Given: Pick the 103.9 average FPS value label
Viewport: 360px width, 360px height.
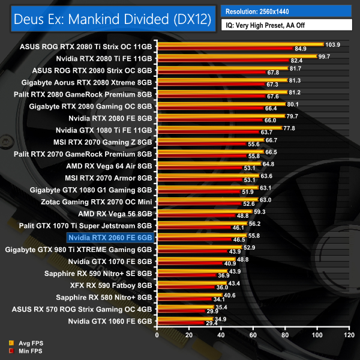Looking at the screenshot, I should [x=332, y=44].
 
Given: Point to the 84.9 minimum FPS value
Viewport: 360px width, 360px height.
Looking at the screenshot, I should [x=301, y=49].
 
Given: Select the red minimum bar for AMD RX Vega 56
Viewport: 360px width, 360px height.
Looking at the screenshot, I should [x=196, y=215].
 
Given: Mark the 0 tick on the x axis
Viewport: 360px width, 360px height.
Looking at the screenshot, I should [x=157, y=334].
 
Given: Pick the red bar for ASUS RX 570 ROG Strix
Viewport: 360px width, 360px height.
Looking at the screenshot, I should [x=181, y=312].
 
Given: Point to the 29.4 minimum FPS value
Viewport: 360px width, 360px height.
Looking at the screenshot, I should [x=212, y=323].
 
